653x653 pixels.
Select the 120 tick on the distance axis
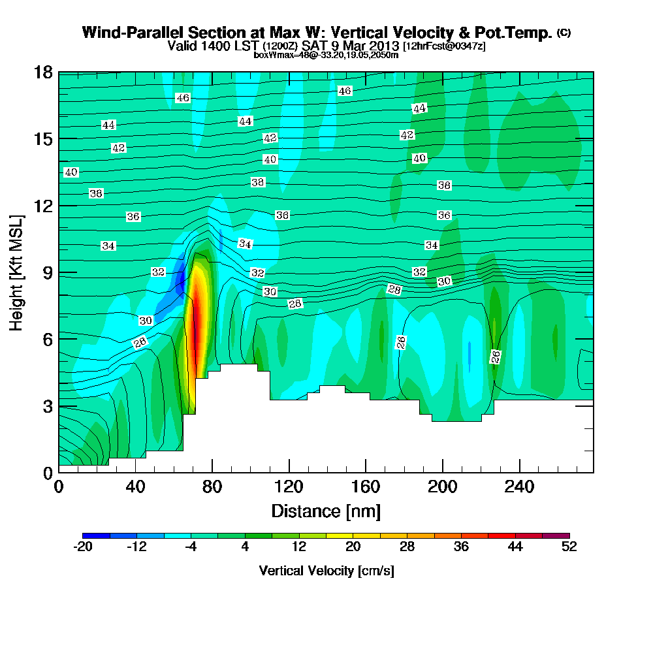[x=289, y=487]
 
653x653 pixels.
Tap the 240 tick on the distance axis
[x=519, y=487]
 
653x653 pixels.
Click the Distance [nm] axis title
[x=326, y=510]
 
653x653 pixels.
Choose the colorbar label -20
[x=83, y=547]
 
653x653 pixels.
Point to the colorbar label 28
[x=407, y=547]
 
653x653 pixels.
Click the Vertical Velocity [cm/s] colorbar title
[x=326, y=571]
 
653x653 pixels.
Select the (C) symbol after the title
[x=564, y=32]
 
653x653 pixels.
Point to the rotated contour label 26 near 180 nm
[x=402, y=342]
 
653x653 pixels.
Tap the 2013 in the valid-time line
[x=383, y=46]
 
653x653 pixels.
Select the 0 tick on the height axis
[x=46, y=472]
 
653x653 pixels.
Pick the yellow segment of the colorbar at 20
[x=353, y=535]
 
